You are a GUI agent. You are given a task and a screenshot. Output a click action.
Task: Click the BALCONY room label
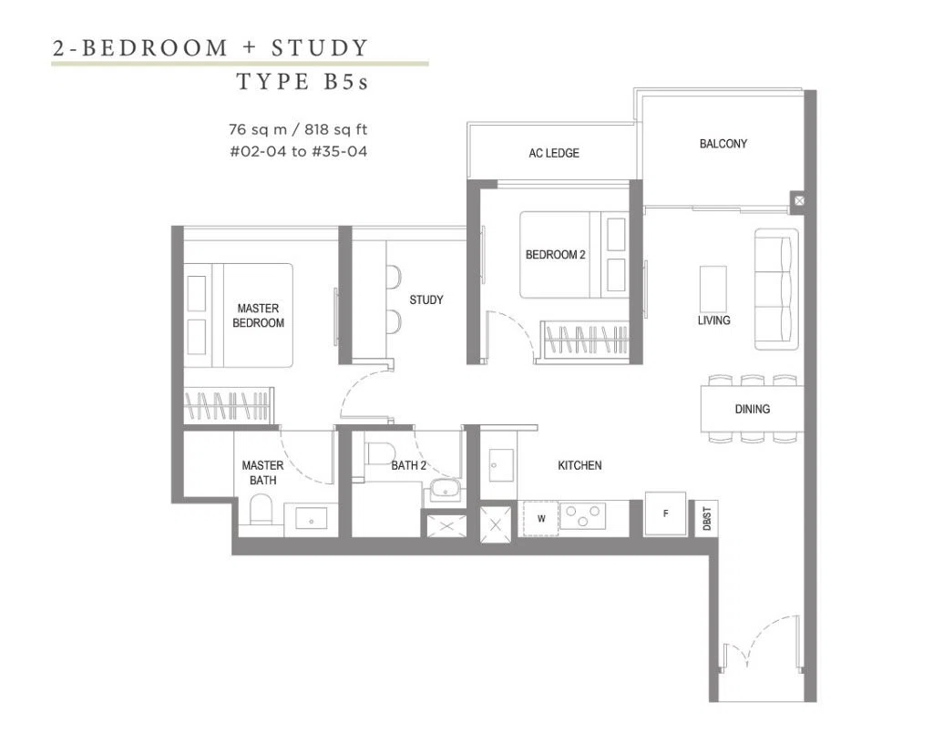tap(723, 144)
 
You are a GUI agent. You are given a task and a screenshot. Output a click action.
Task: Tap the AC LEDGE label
tap(554, 153)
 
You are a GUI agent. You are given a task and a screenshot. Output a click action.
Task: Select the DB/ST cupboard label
tap(707, 519)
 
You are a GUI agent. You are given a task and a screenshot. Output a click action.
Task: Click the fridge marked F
tap(666, 513)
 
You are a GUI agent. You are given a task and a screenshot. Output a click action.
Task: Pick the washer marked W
tap(540, 519)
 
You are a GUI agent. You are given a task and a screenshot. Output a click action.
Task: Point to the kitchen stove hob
tap(583, 516)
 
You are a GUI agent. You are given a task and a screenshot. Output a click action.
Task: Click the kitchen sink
tap(501, 465)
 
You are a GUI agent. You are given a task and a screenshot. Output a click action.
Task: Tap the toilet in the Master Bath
tap(261, 509)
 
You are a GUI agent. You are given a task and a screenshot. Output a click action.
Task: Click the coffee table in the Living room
tap(713, 290)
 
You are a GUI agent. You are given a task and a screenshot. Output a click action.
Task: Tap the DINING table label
tap(753, 410)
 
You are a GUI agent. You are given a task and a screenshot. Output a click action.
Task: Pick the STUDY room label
tap(426, 300)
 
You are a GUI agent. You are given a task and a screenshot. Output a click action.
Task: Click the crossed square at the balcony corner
tap(799, 200)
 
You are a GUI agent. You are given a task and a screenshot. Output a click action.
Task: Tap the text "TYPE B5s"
tap(302, 82)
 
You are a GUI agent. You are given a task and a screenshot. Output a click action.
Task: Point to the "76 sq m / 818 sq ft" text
tap(298, 130)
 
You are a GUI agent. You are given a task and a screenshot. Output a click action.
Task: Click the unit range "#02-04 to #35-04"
tap(298, 151)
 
